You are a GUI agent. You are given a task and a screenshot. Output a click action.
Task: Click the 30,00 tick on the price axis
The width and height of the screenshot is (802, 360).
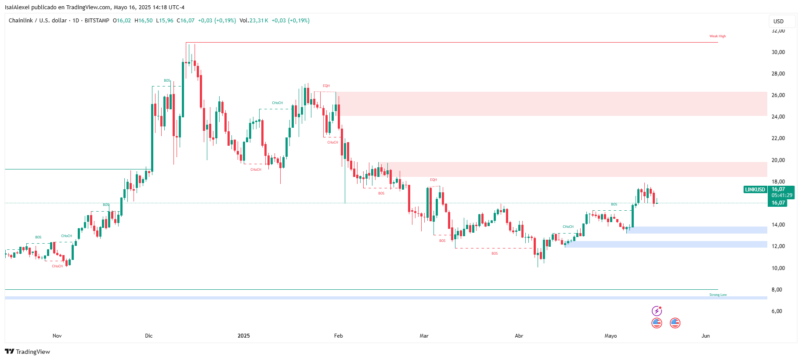tap(778, 52)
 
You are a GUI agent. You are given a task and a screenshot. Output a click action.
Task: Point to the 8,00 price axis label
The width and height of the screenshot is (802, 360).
tap(777, 289)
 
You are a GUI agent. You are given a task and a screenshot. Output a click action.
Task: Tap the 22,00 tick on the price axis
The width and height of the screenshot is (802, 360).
tap(778, 138)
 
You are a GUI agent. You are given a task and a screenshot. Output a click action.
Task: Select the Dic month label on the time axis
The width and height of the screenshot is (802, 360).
tap(149, 336)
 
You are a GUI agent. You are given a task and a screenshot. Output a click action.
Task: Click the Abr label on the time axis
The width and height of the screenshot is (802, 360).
tap(519, 336)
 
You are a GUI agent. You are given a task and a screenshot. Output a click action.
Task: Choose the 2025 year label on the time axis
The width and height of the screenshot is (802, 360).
tap(243, 336)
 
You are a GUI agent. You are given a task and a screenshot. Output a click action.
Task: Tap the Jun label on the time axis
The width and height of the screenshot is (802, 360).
tap(705, 336)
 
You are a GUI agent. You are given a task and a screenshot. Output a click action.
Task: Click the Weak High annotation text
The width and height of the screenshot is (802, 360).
tap(717, 36)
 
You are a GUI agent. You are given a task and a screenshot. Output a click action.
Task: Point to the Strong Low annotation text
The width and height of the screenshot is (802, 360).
tap(718, 295)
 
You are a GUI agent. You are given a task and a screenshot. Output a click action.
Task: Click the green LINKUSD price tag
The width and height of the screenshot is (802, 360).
tap(755, 190)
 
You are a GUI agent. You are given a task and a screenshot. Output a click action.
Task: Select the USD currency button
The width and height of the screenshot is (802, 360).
tap(778, 21)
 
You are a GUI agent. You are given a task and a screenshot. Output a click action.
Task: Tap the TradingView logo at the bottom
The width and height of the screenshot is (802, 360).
tap(27, 352)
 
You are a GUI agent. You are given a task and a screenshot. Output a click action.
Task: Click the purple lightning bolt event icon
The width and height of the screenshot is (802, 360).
tap(657, 311)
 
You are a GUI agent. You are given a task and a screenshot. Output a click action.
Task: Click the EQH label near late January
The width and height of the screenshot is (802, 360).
tap(326, 86)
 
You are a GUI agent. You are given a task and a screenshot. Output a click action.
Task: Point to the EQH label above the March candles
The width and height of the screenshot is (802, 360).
tap(433, 180)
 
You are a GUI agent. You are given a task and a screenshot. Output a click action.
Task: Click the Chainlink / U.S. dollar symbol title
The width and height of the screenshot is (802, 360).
tap(38, 21)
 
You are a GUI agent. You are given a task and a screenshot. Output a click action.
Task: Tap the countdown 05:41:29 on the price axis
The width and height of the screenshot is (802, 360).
tap(782, 195)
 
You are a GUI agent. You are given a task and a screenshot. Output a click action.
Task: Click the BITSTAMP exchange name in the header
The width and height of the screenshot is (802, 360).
tap(97, 21)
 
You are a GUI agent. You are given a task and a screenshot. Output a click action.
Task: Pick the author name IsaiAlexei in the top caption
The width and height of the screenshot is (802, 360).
tap(17, 7)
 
